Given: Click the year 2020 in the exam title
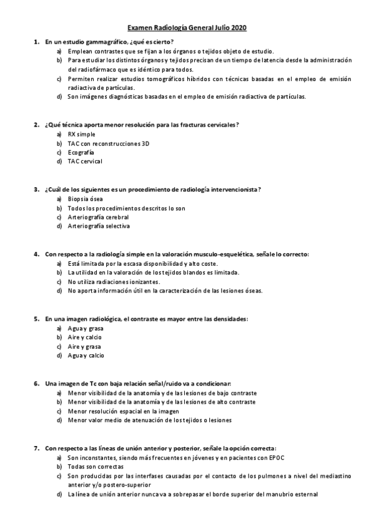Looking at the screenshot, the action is point(238,28).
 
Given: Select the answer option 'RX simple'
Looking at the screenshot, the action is point(82,134).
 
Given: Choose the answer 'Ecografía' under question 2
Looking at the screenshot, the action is point(81,152).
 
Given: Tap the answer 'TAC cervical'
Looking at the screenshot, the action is point(85,161).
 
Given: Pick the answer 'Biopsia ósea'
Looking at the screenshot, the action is point(86,199).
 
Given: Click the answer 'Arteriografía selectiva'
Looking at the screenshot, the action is point(99,226).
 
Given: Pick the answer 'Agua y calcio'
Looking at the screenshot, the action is point(86,356).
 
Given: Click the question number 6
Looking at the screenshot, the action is point(36,383).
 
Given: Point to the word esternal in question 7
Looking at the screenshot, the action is point(305,494).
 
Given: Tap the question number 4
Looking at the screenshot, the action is point(36,254).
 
